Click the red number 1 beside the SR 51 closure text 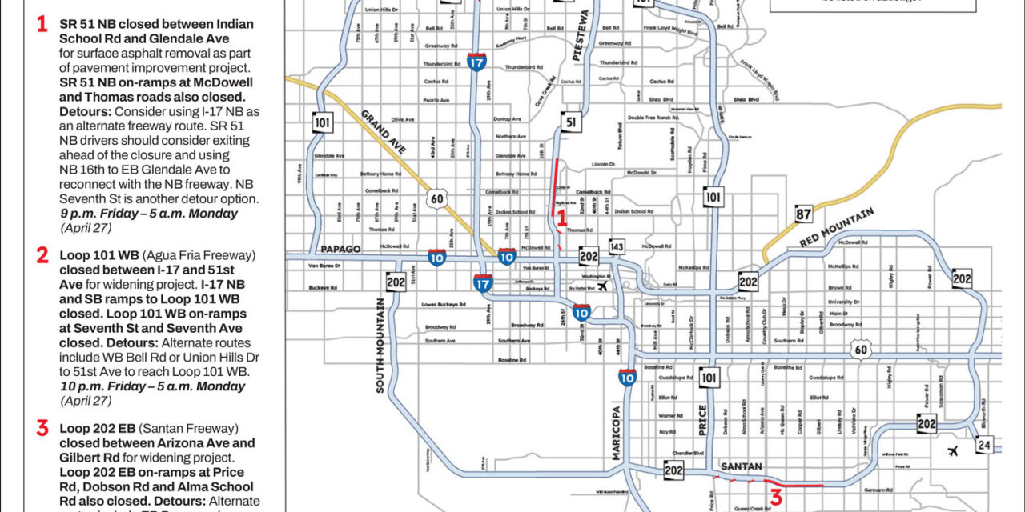(42, 24)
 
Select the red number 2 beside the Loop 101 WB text (42, 255)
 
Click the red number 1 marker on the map (561, 217)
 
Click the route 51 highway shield (569, 122)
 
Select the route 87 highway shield (804, 214)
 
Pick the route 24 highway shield (984, 444)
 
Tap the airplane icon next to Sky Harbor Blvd (601, 286)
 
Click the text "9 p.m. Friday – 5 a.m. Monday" (149, 214)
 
